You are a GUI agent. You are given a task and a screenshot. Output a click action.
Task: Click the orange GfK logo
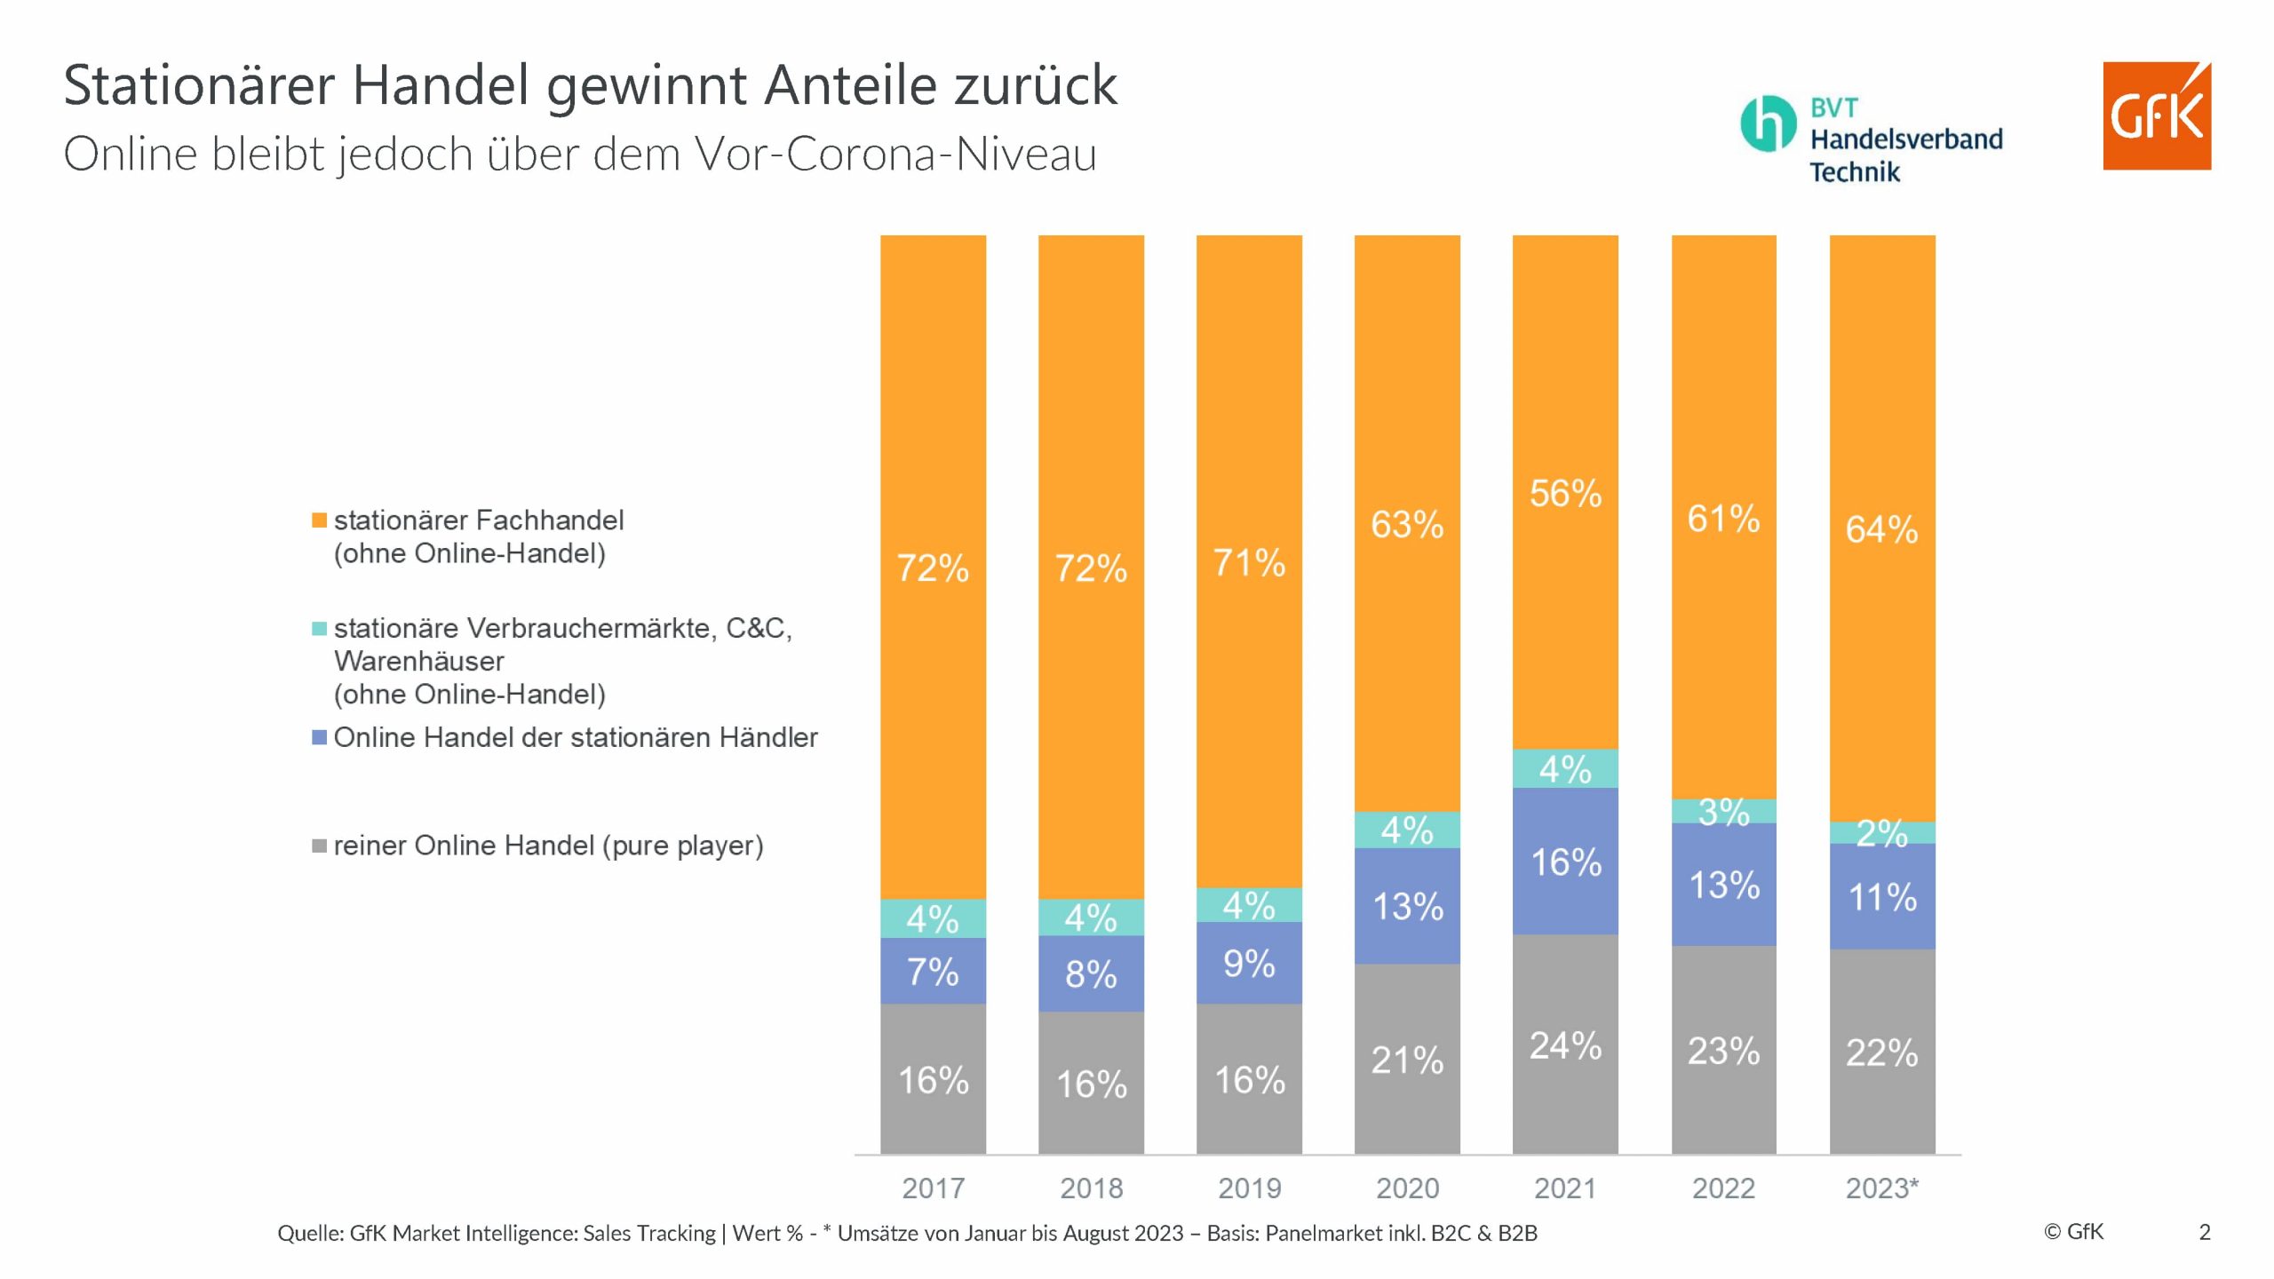click(2156, 115)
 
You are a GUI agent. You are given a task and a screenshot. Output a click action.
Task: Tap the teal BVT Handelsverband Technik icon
click(1767, 123)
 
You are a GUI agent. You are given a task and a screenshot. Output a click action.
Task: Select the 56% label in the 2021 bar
click(1565, 494)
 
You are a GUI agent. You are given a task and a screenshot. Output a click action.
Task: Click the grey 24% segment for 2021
click(1565, 1045)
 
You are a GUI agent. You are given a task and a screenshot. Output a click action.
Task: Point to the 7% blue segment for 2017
click(933, 971)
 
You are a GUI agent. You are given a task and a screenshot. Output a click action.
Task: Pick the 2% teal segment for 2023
click(1882, 832)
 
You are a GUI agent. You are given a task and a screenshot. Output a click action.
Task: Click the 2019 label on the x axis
click(1249, 1188)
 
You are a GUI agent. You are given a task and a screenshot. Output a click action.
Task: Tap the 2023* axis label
click(1882, 1188)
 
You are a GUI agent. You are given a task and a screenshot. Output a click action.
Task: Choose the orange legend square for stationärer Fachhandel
click(320, 520)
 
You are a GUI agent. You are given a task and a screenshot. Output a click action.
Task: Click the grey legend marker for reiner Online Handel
click(320, 846)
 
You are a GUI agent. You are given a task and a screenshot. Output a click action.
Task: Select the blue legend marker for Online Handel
click(320, 737)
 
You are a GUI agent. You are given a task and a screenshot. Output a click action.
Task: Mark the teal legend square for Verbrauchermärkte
click(320, 629)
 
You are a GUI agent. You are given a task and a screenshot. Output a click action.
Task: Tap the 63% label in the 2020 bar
click(1407, 525)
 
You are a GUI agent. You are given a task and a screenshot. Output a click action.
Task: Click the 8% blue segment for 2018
click(1091, 974)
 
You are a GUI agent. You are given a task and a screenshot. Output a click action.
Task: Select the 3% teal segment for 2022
click(1723, 811)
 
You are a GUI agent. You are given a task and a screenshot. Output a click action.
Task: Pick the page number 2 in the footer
click(2205, 1232)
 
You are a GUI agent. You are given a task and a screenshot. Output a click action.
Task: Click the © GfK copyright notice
click(2073, 1232)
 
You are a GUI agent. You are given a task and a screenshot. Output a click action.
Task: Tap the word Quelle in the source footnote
click(309, 1234)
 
